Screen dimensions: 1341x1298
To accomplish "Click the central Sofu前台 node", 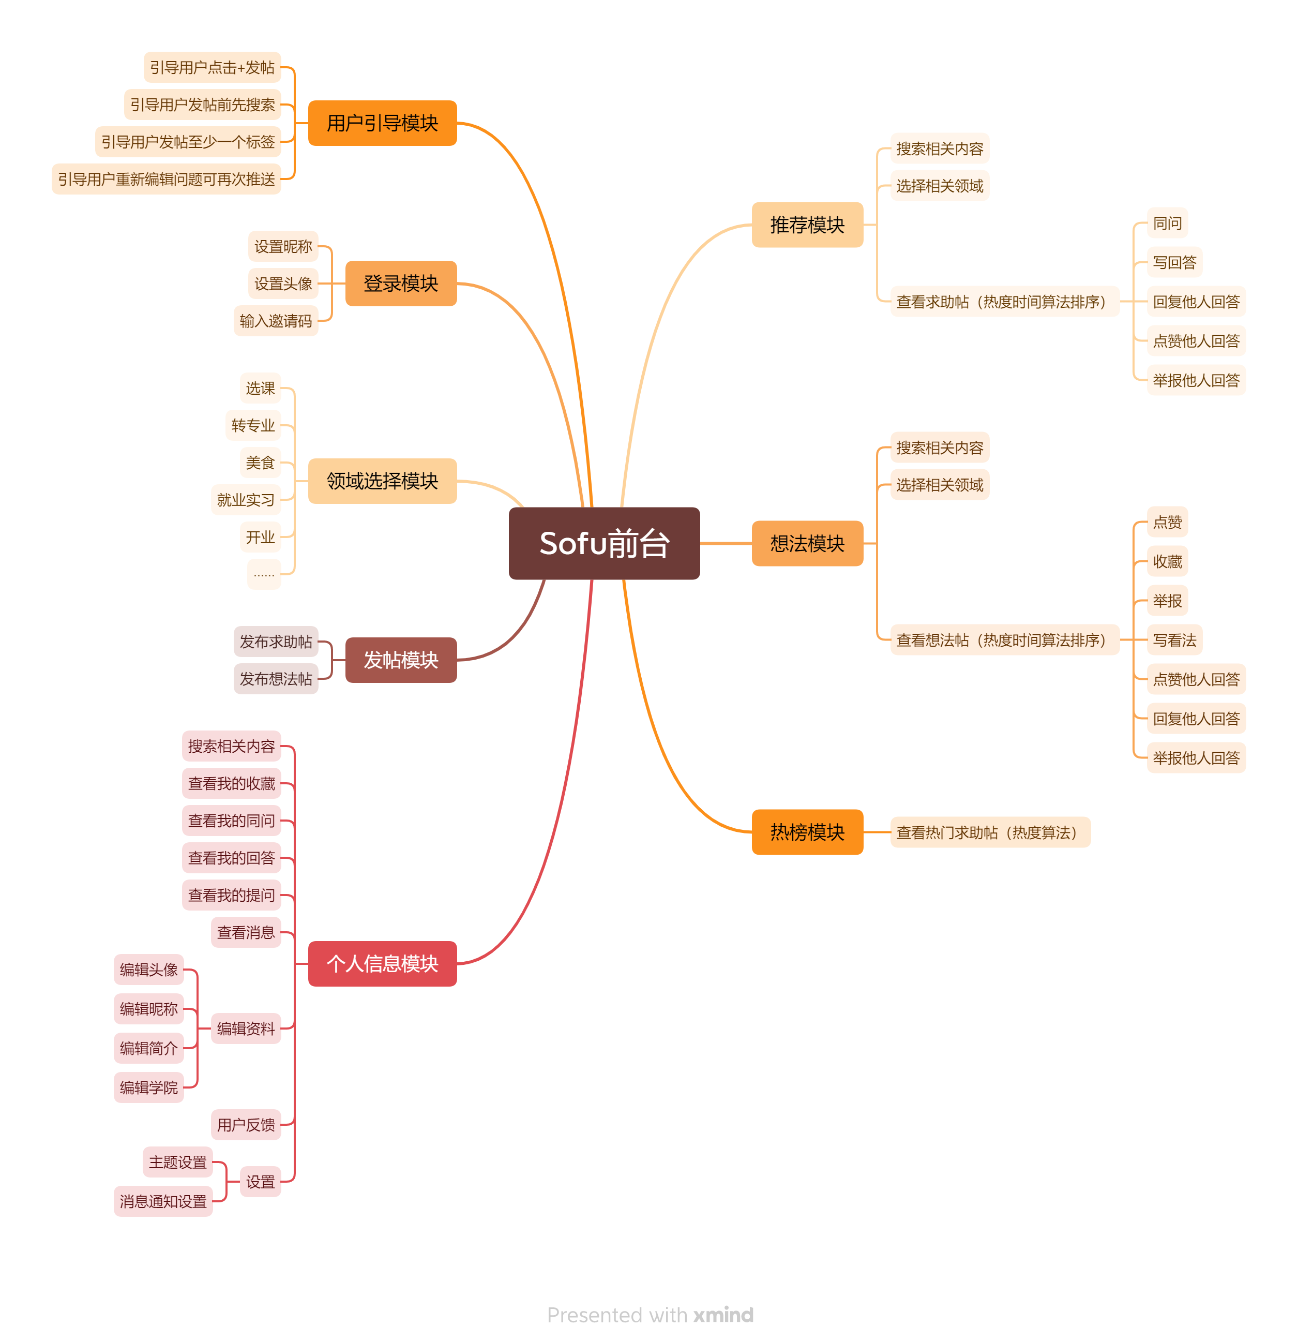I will click(604, 543).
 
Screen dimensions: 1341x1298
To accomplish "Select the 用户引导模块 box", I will click(382, 123).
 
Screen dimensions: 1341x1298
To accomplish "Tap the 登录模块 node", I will click(401, 283).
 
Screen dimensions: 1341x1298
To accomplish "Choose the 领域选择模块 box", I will click(382, 481).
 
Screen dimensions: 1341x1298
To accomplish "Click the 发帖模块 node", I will click(401, 660).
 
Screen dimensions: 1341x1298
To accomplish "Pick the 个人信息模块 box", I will click(382, 963).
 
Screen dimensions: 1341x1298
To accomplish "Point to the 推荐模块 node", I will click(807, 225).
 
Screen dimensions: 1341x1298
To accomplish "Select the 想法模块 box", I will click(807, 543).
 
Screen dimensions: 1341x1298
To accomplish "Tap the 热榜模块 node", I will click(807, 832).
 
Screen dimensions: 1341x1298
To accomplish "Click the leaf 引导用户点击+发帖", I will click(212, 67).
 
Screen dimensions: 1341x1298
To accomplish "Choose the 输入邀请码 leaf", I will click(276, 321).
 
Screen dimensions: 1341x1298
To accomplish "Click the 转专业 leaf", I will click(253, 426).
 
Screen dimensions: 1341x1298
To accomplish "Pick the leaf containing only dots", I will click(264, 574).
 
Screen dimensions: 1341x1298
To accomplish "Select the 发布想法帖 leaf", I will click(276, 679).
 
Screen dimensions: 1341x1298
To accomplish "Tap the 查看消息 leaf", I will click(246, 932).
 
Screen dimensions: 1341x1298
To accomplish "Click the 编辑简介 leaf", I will click(148, 1048).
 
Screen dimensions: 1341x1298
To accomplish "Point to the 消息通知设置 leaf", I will click(163, 1201).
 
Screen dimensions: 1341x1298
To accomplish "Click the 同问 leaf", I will click(1167, 223).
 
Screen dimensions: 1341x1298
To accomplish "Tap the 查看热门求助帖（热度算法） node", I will click(990, 832).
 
